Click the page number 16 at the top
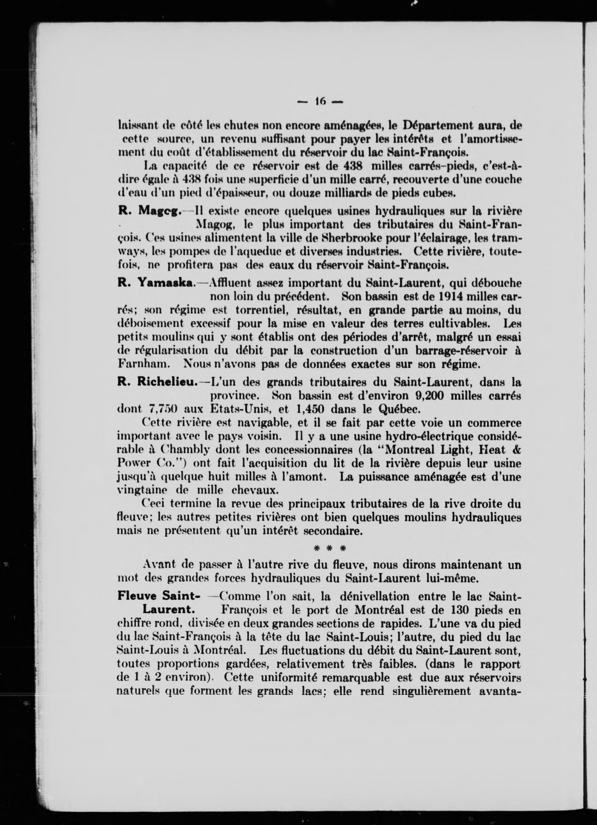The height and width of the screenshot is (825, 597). tap(320, 102)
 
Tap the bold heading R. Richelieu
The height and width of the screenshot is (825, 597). tap(157, 382)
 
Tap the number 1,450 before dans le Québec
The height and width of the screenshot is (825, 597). tap(310, 409)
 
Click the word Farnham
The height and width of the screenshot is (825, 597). tap(142, 364)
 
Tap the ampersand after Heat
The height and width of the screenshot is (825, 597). tap(517, 450)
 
